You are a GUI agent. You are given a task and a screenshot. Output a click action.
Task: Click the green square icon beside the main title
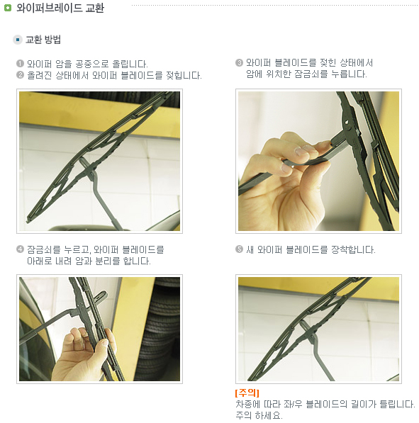[8, 8]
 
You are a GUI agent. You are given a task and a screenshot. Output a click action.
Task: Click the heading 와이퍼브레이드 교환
[60, 8]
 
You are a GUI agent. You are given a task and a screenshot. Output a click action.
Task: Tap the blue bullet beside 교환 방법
[18, 40]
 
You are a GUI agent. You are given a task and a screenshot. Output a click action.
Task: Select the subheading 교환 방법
[43, 40]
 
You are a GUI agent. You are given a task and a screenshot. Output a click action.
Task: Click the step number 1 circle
[20, 64]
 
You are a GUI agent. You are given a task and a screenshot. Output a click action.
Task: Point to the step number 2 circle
[20, 74]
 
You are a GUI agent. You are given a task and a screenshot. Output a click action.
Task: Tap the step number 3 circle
[239, 63]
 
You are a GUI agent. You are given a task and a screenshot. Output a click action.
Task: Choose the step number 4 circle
[20, 249]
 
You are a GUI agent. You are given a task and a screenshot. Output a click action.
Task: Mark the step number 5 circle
[239, 249]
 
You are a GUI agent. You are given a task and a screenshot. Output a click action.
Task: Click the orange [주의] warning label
[247, 393]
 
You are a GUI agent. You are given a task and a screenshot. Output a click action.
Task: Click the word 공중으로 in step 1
[91, 64]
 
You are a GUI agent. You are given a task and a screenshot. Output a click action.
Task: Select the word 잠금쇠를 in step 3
[311, 74]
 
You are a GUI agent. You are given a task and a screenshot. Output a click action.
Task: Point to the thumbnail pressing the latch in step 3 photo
[300, 151]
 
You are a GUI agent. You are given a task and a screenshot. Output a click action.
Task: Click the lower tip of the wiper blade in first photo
[28, 221]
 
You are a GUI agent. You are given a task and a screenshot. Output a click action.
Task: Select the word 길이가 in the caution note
[364, 404]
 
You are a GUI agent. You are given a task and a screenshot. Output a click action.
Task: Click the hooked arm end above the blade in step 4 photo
[101, 296]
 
